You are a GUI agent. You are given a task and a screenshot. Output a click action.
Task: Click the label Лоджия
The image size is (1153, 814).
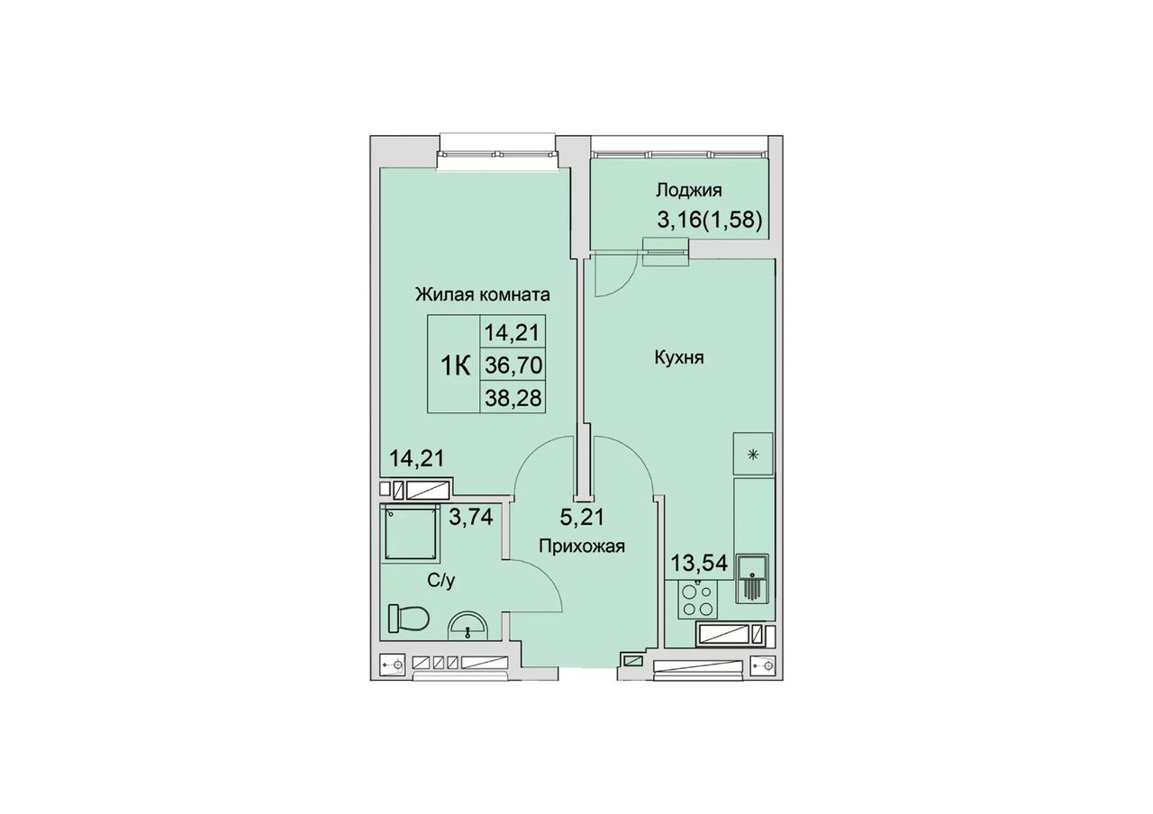coord(688,191)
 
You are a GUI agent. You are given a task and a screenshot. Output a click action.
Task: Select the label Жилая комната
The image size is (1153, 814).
coord(482,294)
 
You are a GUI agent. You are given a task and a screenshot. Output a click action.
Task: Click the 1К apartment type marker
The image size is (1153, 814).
coord(456,366)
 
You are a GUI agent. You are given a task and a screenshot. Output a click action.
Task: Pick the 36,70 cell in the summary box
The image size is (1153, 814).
coord(513,366)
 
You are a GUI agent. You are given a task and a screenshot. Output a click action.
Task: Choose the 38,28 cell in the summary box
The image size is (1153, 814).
coord(513,398)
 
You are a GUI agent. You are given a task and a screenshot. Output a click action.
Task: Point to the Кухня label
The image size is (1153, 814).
coord(679,357)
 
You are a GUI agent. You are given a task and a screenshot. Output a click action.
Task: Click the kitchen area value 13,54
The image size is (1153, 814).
coord(698,563)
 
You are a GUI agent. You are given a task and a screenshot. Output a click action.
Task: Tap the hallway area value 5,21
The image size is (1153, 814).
coord(582,517)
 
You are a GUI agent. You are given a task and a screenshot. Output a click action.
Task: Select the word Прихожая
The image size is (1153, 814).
coord(582,546)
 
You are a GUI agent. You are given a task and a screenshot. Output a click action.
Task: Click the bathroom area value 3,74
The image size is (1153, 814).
coord(111,516)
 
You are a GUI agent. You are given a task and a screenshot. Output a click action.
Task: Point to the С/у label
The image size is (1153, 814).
coord(441,581)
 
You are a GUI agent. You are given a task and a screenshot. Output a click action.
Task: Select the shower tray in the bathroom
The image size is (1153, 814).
coord(410,534)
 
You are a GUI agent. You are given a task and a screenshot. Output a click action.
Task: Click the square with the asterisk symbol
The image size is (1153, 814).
coord(753,453)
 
